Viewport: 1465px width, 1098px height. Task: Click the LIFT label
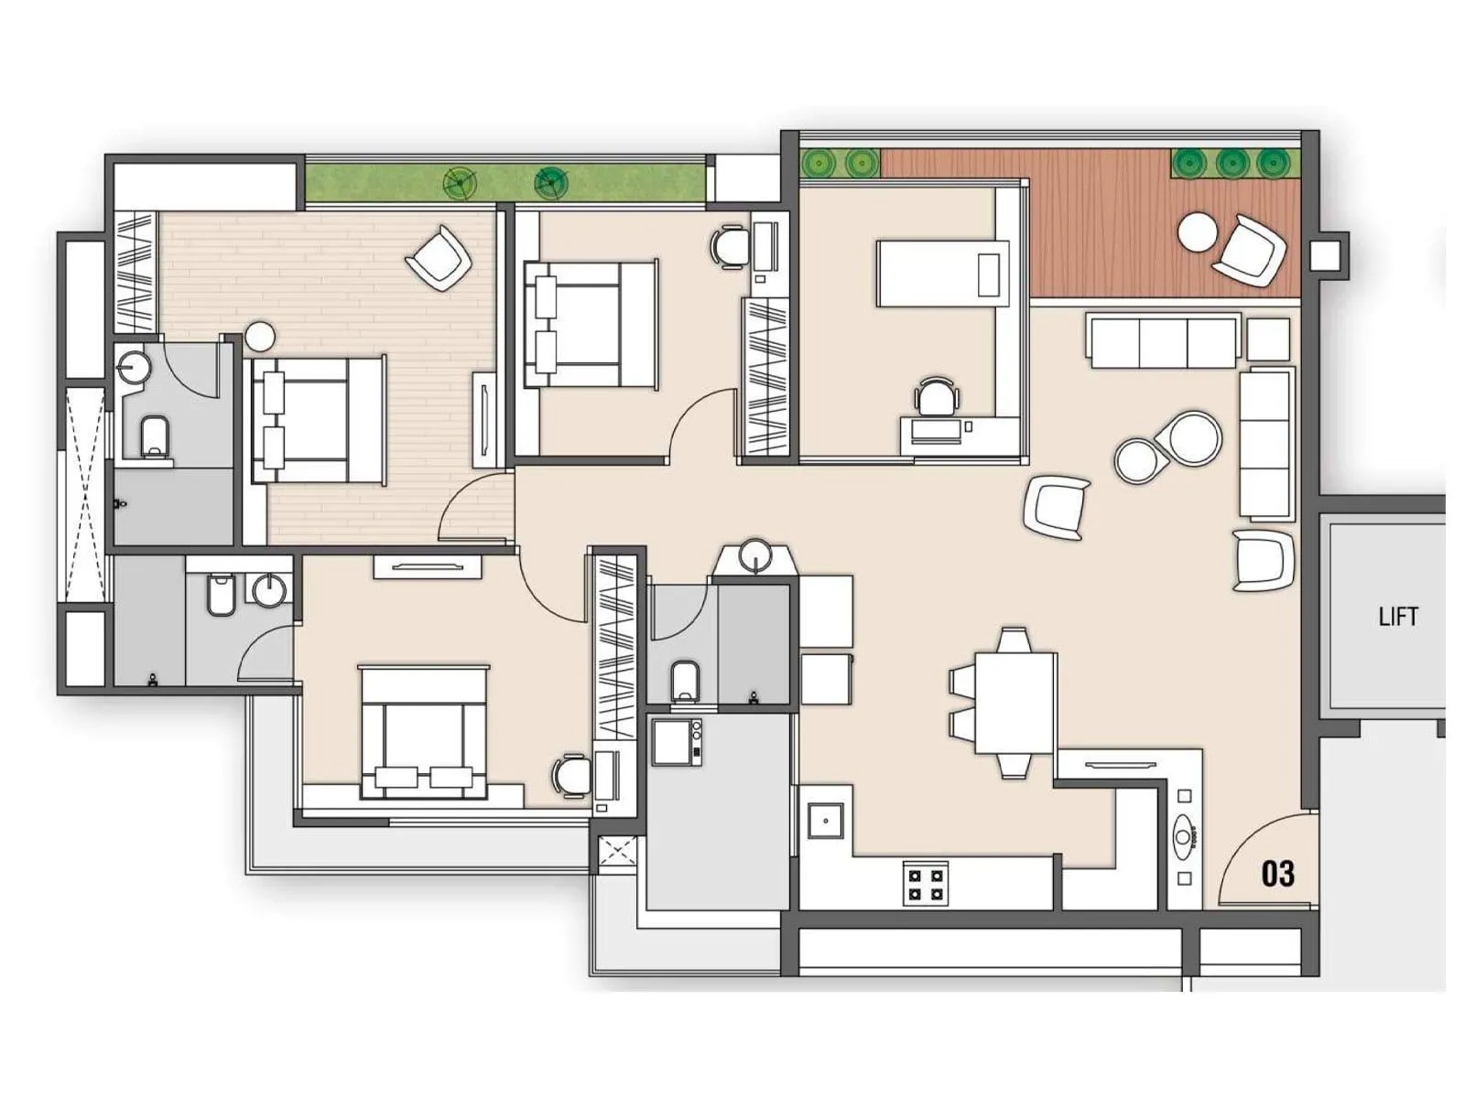pyautogui.click(x=1397, y=617)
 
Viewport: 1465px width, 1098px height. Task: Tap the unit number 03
pyautogui.click(x=1277, y=874)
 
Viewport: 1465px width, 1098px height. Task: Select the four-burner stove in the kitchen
pyautogui.click(x=925, y=883)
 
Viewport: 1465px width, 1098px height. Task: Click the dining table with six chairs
pyautogui.click(x=1014, y=702)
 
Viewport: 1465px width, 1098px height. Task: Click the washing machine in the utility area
pyautogui.click(x=677, y=742)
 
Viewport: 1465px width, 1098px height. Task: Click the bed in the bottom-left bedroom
pyautogui.click(x=423, y=732)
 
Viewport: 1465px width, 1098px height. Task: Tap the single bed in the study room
pyautogui.click(x=943, y=274)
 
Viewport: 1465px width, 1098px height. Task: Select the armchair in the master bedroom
pyautogui.click(x=439, y=258)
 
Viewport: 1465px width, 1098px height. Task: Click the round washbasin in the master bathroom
pyautogui.click(x=136, y=366)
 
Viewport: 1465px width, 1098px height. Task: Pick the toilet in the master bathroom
pyautogui.click(x=155, y=436)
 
